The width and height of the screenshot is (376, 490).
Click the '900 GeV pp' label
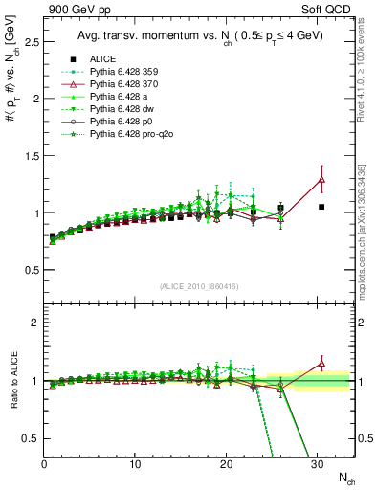[x=73, y=11]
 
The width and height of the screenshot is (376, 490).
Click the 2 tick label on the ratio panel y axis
[x=33, y=323]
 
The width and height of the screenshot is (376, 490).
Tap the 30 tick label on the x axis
[x=317, y=464]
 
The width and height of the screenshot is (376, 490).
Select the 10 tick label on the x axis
[x=135, y=464]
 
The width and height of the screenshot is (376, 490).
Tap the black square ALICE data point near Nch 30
[x=321, y=207]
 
